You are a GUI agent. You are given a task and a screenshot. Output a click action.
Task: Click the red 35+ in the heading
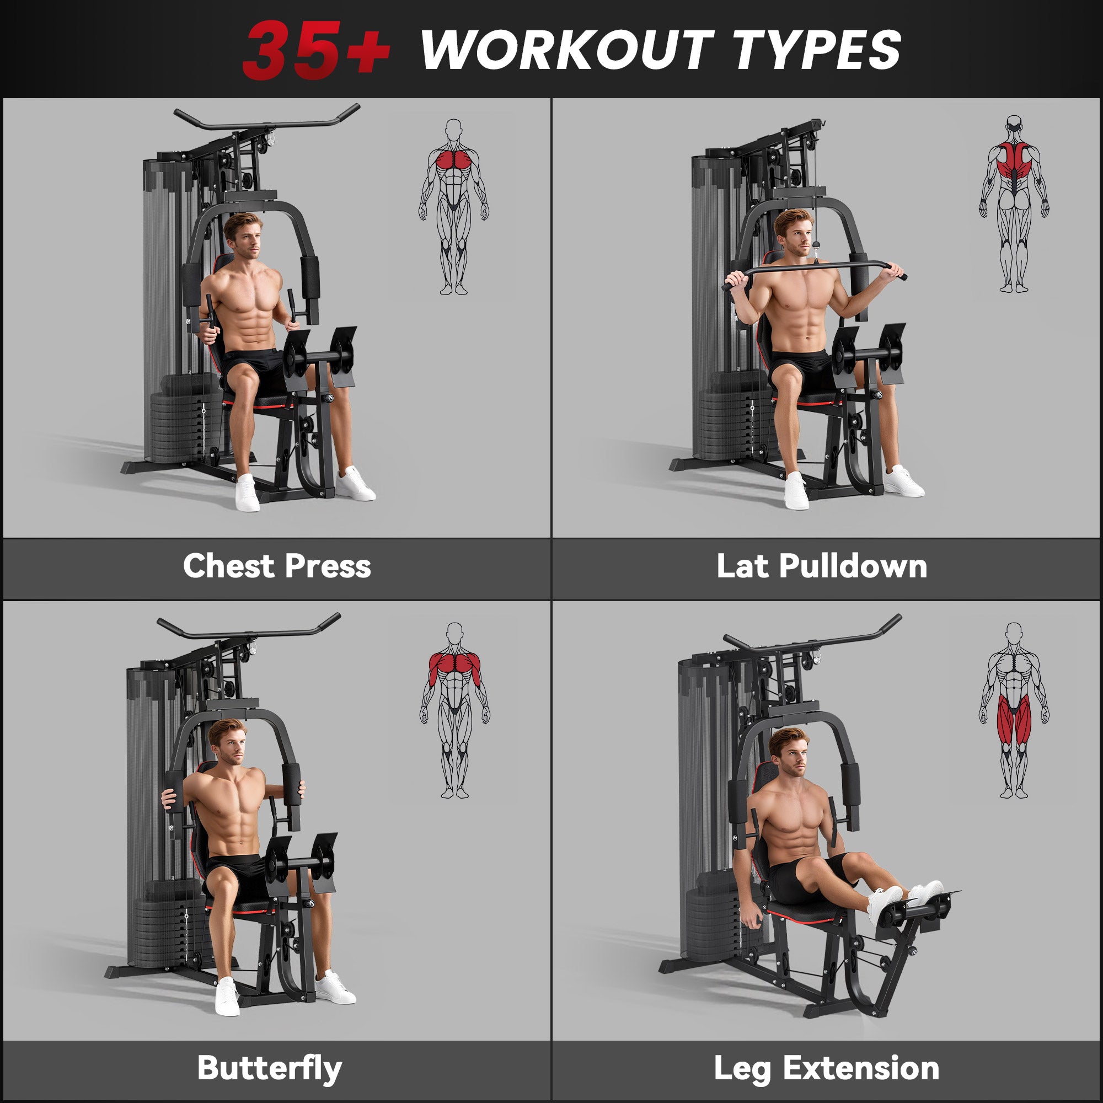point(315,50)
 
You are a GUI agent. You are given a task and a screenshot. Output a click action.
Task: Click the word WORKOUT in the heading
point(566,50)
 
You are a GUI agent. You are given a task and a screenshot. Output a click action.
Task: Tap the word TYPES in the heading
point(816,50)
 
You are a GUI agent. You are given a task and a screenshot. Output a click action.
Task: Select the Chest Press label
point(277,566)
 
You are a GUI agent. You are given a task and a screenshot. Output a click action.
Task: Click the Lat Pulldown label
point(822,566)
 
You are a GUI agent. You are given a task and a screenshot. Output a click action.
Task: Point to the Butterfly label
point(269,1068)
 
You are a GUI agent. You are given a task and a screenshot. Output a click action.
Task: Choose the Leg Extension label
point(826,1068)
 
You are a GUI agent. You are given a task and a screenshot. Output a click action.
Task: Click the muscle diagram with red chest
point(454,207)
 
